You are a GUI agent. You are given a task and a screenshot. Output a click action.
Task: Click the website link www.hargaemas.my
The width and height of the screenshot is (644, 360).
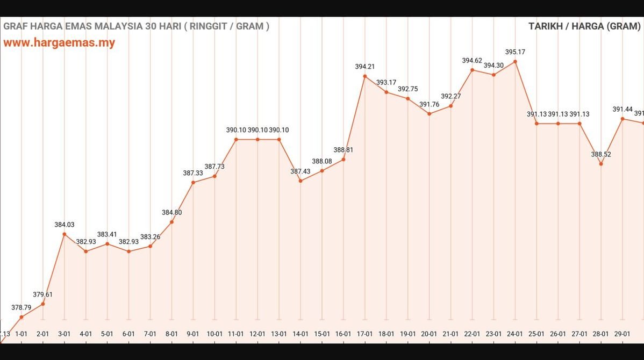click(x=59, y=43)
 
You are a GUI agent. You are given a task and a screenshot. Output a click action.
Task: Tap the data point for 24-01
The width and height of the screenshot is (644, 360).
click(x=515, y=62)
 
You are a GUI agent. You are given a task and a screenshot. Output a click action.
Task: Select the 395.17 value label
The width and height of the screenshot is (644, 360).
click(x=515, y=52)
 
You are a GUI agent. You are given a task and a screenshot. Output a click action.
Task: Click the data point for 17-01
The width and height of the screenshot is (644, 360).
click(x=365, y=76)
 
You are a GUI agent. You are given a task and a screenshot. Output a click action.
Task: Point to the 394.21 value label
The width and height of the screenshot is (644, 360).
click(x=365, y=67)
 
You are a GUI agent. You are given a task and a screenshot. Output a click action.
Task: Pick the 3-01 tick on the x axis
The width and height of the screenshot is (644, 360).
click(x=65, y=334)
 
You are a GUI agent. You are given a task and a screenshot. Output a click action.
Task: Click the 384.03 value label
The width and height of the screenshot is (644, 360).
click(x=65, y=225)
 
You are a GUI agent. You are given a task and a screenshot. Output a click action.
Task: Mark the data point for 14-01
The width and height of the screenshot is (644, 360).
click(x=300, y=181)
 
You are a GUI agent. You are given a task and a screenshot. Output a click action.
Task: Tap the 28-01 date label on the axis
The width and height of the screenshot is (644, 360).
click(x=601, y=334)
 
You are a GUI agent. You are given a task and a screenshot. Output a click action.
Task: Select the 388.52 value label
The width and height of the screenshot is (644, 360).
click(x=601, y=154)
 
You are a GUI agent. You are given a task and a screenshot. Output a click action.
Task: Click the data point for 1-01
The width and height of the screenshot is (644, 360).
click(x=22, y=317)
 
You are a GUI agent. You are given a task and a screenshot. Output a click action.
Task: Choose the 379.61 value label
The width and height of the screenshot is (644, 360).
click(x=43, y=294)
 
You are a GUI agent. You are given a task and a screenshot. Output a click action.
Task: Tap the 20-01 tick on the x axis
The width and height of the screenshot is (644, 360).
click(x=429, y=334)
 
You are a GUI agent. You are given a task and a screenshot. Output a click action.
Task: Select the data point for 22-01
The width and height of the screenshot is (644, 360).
click(x=473, y=70)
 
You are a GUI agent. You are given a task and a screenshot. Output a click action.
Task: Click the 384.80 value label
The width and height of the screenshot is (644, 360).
click(x=171, y=212)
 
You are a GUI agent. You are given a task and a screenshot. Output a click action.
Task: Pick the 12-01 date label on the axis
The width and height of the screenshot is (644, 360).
click(x=257, y=334)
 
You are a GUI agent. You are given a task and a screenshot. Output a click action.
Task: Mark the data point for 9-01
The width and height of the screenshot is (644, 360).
click(x=193, y=183)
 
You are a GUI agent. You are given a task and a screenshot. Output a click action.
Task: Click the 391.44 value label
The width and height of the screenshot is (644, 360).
click(x=622, y=109)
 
